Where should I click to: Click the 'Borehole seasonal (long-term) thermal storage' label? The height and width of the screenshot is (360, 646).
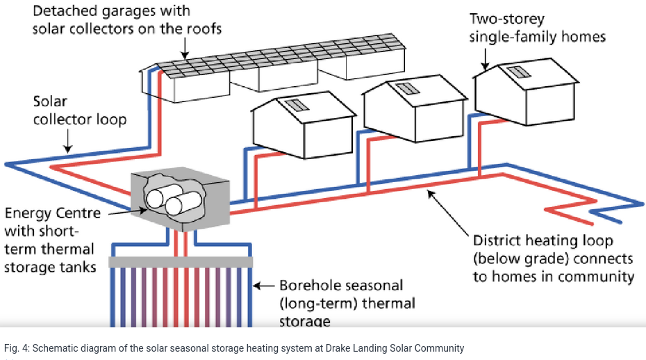pos(347,303)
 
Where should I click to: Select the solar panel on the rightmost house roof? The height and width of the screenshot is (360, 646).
pos(515,72)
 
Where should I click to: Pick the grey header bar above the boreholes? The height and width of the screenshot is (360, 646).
pos(181,261)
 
